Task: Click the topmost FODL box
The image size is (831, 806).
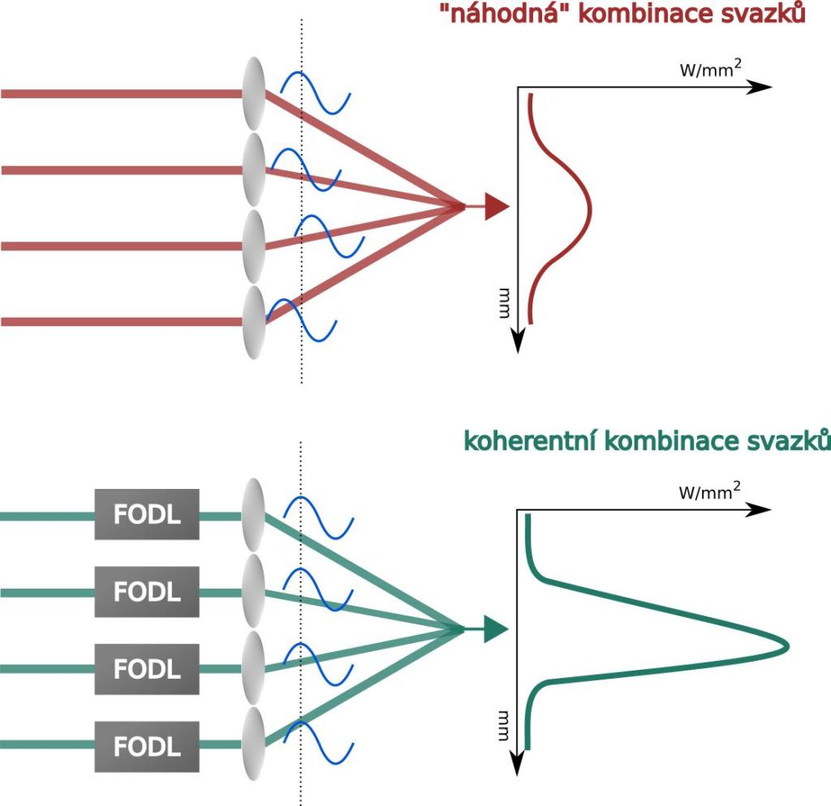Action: [x=147, y=515]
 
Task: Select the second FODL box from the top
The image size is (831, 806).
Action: [x=147, y=592]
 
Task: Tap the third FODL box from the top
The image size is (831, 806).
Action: [x=147, y=669]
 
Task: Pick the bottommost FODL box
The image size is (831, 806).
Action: [x=147, y=745]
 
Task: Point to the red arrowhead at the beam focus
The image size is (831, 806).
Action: [x=494, y=206]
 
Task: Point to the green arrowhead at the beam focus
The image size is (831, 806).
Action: [x=494, y=628]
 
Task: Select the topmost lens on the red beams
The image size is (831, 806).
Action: [x=255, y=92]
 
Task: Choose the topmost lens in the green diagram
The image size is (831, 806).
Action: [x=255, y=515]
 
